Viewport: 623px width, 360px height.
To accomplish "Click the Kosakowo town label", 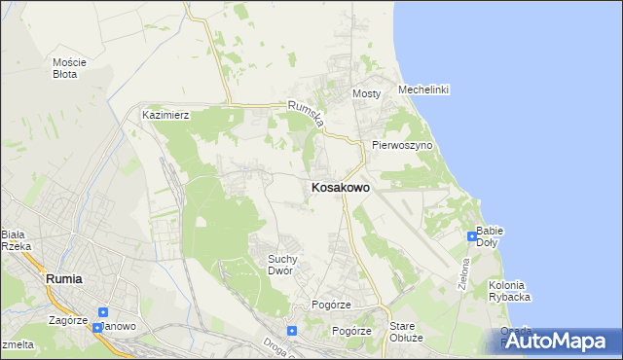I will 340,188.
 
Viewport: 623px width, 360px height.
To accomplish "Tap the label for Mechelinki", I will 423,90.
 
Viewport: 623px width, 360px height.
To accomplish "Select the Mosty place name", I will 365,93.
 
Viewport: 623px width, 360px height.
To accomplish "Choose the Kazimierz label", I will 165,114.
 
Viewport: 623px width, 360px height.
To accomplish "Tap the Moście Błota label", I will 69,67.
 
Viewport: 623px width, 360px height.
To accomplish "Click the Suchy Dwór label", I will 288,265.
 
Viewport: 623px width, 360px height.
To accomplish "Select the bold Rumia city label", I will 64,278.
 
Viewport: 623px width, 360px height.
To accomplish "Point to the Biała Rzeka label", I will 16,240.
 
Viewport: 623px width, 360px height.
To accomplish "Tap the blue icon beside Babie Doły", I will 471,235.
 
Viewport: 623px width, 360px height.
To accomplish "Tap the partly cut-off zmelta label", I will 17,344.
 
